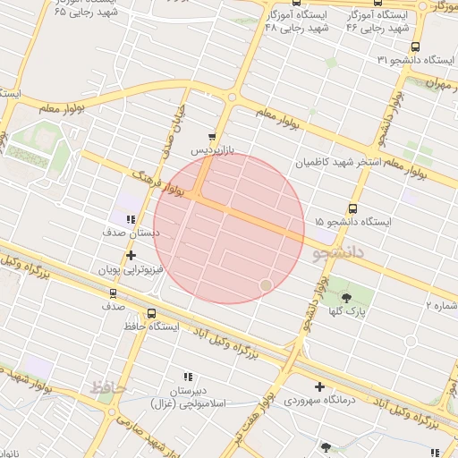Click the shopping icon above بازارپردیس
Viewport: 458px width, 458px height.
(x=212, y=138)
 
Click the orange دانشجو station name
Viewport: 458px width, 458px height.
(x=341, y=253)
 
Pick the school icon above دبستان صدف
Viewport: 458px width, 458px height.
(x=131, y=218)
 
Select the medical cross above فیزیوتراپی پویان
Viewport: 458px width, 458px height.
(x=131, y=255)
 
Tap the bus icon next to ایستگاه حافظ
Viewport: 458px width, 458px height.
(x=151, y=314)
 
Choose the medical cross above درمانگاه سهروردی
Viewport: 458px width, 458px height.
(x=319, y=386)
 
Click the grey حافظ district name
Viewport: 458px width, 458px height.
(x=105, y=387)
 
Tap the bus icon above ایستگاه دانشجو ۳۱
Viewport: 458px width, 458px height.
(x=413, y=47)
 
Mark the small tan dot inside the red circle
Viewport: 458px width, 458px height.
(x=266, y=284)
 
